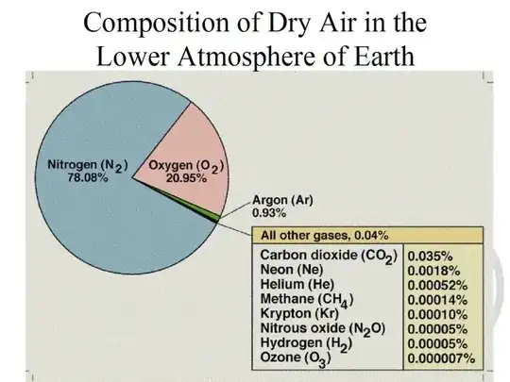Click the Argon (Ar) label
click(x=282, y=200)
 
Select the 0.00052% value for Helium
click(x=437, y=286)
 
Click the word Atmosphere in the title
click(x=254, y=56)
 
